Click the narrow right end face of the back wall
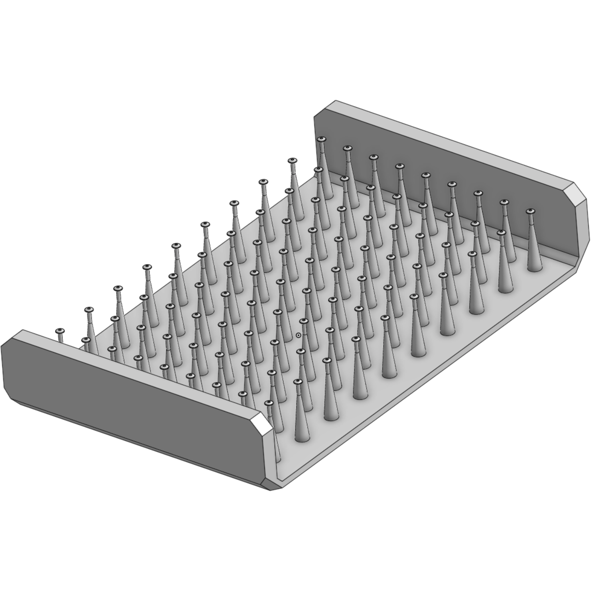click(584, 232)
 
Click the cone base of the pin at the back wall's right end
click(535, 268)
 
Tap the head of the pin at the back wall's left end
click(321, 139)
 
